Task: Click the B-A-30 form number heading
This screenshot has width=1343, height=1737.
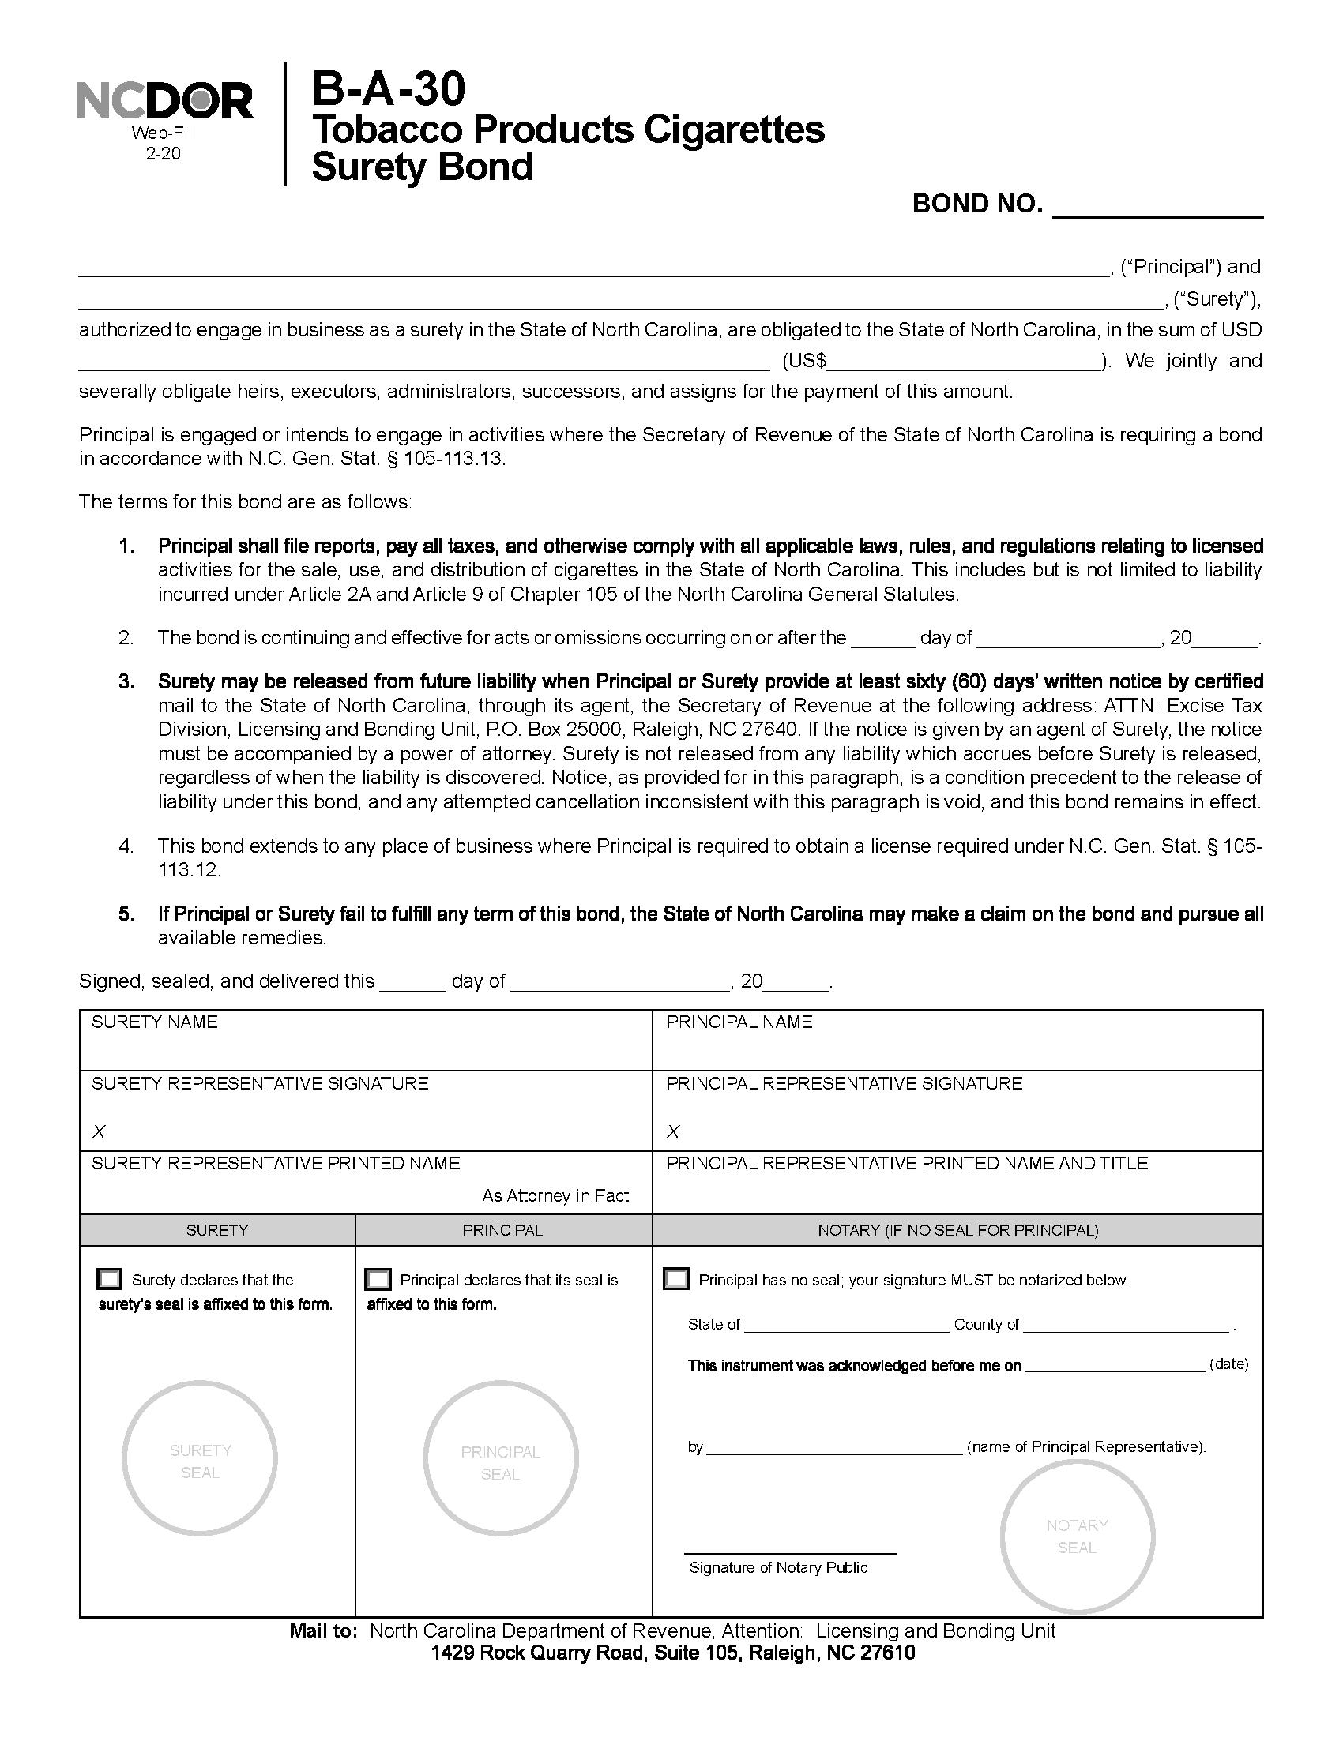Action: [x=387, y=89]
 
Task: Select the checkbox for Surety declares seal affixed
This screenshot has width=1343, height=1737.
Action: [x=109, y=1279]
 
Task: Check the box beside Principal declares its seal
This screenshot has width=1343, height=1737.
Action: [x=378, y=1279]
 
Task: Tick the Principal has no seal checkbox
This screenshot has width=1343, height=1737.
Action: [x=676, y=1279]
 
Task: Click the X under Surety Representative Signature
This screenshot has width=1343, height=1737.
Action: [x=99, y=1131]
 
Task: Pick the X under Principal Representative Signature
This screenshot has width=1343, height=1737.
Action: [x=673, y=1131]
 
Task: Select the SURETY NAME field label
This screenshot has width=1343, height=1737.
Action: [x=154, y=1022]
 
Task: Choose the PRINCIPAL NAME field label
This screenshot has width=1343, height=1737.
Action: [x=739, y=1022]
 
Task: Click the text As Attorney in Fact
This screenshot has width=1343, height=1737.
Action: [x=555, y=1195]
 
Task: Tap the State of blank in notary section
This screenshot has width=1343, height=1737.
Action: [x=847, y=1325]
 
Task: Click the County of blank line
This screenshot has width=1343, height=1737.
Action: [x=1127, y=1325]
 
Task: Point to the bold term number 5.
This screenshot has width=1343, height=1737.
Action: [x=126, y=914]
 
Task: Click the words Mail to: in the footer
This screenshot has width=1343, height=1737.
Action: [x=324, y=1631]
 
